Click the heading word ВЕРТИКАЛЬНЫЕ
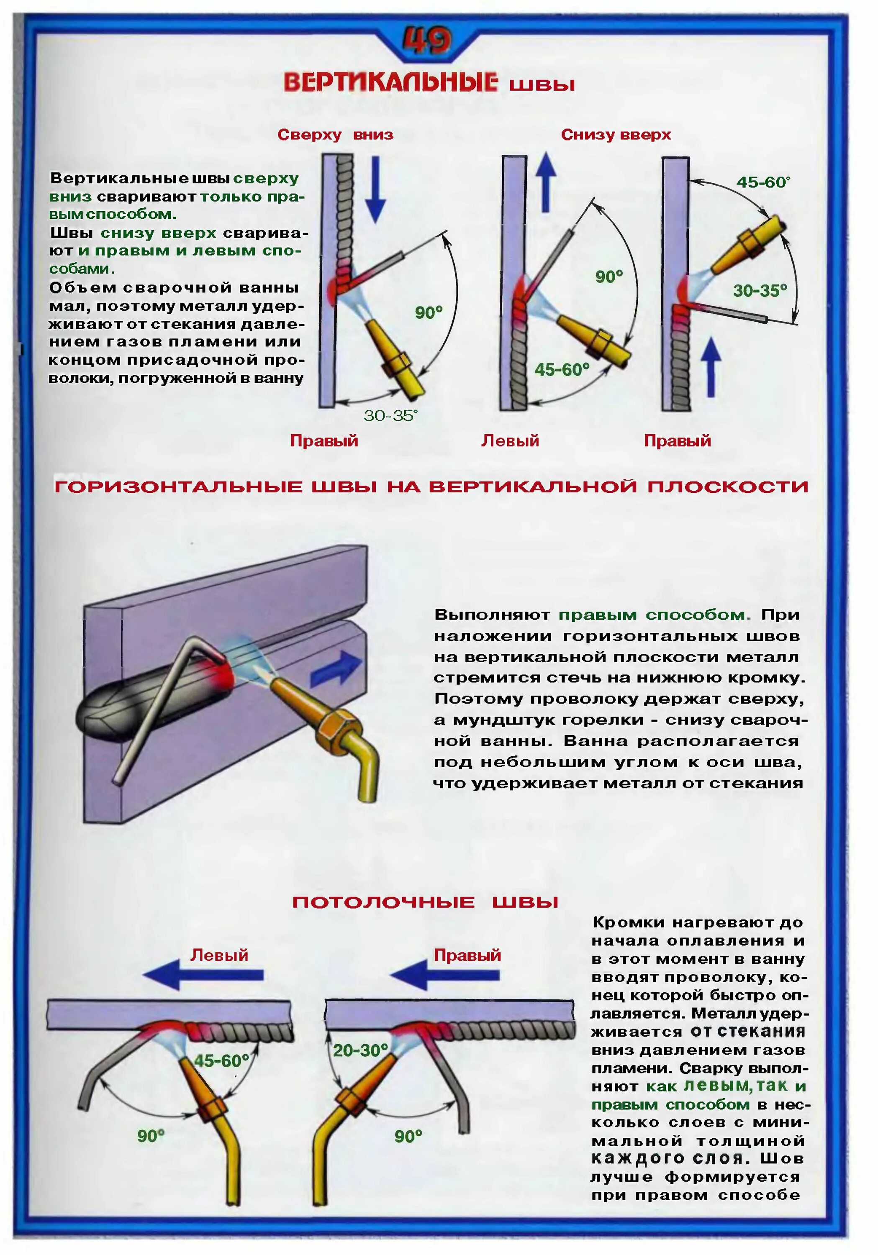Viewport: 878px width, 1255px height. pos(390,83)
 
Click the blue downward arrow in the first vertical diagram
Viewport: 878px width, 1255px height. pos(375,189)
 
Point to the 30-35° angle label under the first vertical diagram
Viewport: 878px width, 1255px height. pos(390,415)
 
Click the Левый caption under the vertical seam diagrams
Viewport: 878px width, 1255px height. pos(510,441)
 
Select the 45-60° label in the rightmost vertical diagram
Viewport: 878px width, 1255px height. pos(763,182)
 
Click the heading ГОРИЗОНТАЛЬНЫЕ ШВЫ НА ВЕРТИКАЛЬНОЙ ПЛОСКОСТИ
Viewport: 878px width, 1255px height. pos(431,487)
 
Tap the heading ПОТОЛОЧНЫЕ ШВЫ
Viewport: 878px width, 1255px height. pos(425,902)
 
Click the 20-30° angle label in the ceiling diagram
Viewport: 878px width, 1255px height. pos(360,1050)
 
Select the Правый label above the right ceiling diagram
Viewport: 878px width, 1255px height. pos(467,955)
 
